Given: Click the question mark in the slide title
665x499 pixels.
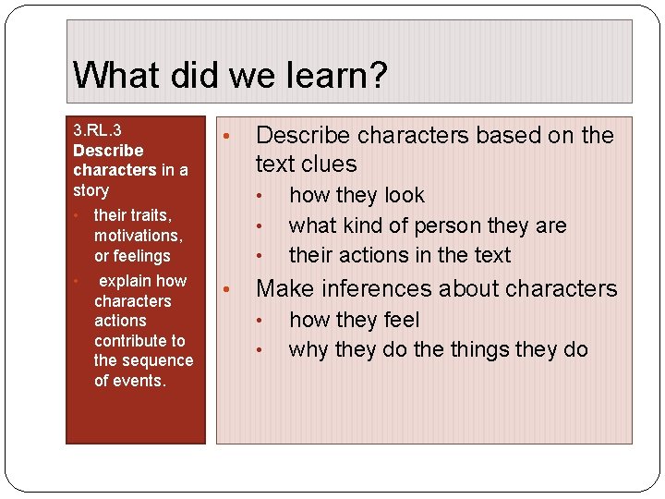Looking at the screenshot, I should [376, 75].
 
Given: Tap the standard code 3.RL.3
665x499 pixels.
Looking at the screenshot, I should [97, 130].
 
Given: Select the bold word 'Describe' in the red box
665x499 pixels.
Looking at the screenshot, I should [108, 151].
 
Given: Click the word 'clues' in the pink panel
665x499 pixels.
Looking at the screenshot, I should [330, 164].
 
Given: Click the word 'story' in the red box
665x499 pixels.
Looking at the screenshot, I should [91, 191].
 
